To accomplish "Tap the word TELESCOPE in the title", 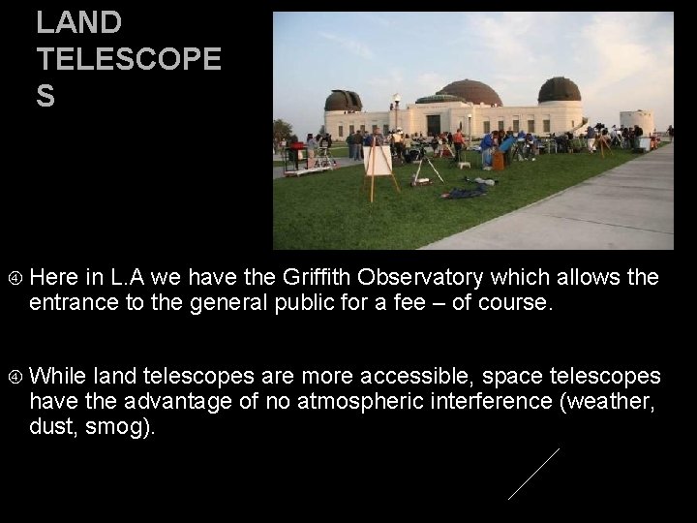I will click(129, 60).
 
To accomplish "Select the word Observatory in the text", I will click(390, 278).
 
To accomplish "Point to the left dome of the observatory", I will click(343, 100).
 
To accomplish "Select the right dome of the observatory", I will click(559, 90).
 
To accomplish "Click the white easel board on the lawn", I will click(379, 160).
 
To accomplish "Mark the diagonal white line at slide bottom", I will click(533, 474).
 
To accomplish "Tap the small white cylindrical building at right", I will click(636, 120).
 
